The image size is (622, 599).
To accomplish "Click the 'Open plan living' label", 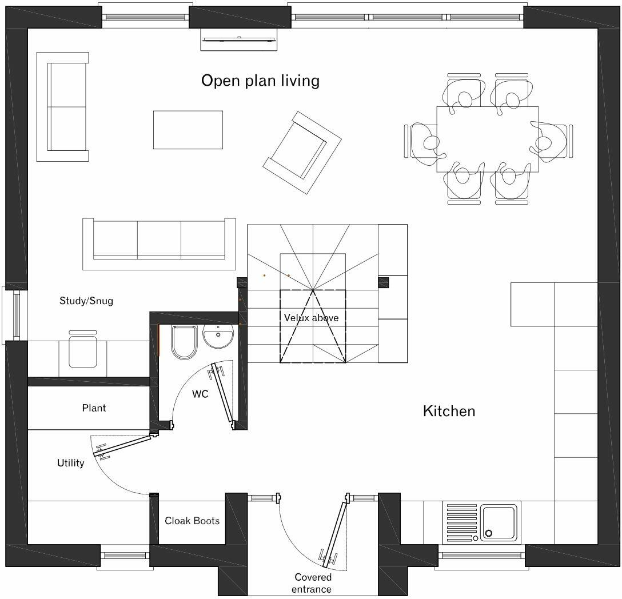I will [x=260, y=81].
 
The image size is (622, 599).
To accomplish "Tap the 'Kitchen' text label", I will [x=449, y=411].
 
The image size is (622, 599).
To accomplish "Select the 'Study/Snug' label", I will [x=86, y=301].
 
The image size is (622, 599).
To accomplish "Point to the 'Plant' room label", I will [x=94, y=408].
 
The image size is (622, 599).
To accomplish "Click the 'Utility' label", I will [x=70, y=463].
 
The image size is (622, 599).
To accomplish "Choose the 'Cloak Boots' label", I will [x=192, y=521].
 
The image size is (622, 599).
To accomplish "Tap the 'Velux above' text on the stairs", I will [x=311, y=318].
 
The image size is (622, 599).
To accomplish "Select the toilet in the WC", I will [x=184, y=342].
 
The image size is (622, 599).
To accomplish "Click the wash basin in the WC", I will [x=218, y=337].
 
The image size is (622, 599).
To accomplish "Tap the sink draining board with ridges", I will [x=461, y=522].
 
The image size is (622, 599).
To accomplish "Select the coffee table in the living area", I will [x=188, y=130].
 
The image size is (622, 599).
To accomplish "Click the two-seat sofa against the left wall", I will [x=63, y=106].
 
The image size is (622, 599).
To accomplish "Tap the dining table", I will [x=487, y=139].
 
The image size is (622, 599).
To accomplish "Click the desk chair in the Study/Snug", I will [x=83, y=352].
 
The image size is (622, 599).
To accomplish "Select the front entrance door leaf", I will [x=334, y=533].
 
